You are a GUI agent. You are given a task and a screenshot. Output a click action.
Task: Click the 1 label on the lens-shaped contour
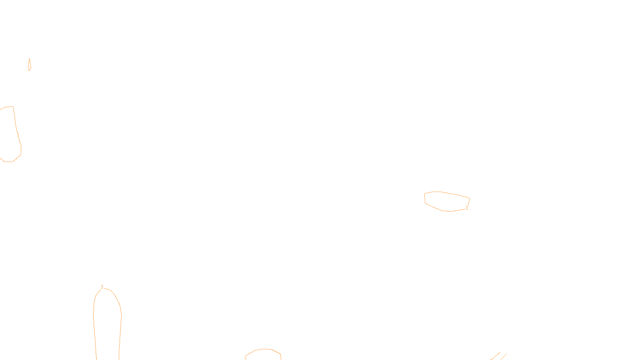coord(467,208)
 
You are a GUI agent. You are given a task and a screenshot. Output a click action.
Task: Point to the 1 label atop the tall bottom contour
coord(102,286)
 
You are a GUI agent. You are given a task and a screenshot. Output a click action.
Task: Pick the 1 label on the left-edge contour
coord(18,134)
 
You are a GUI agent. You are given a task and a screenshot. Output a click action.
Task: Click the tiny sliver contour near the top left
coord(29,65)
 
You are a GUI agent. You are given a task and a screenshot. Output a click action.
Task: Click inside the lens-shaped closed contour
coord(446,201)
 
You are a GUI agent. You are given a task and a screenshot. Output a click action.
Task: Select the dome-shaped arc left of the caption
coord(263,350)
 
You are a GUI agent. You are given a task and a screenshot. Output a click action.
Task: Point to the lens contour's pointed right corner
coord(469,198)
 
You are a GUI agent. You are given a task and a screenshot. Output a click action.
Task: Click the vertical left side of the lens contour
coord(425,198)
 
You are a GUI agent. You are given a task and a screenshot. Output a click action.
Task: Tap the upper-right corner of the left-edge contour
coord(13,107)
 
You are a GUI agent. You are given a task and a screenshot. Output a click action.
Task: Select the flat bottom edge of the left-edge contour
coord(8,162)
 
